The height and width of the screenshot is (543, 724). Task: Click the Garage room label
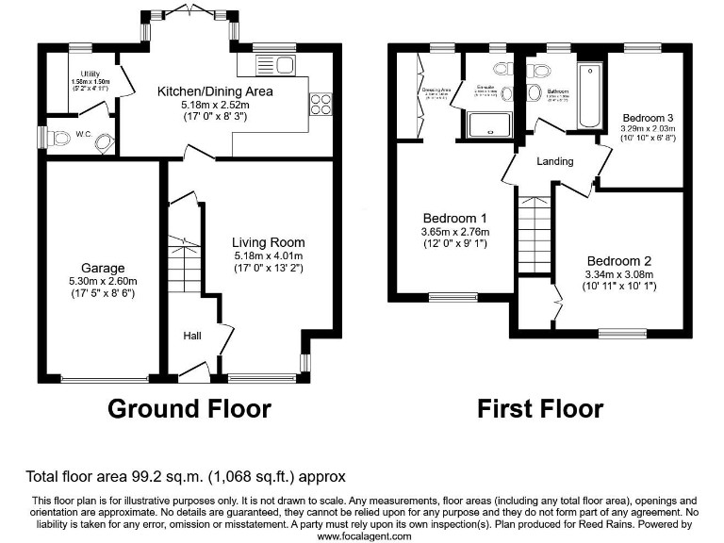(x=102, y=269)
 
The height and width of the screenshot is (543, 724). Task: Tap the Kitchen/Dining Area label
(x=215, y=91)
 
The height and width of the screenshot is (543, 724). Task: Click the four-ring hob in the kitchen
(x=320, y=103)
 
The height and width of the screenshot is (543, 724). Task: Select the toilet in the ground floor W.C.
(x=64, y=139)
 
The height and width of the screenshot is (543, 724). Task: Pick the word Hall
(x=192, y=335)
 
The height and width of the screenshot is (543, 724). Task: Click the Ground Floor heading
(x=189, y=408)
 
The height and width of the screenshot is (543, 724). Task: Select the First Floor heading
(x=539, y=408)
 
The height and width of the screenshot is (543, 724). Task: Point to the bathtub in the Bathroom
(x=590, y=96)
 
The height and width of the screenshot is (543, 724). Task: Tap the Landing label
(x=554, y=161)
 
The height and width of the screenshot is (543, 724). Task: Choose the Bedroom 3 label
(x=647, y=118)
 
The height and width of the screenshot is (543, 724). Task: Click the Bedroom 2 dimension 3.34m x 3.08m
(x=619, y=274)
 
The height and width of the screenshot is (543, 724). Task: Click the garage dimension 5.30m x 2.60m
(x=102, y=281)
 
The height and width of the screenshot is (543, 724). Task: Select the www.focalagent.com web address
(x=364, y=535)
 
